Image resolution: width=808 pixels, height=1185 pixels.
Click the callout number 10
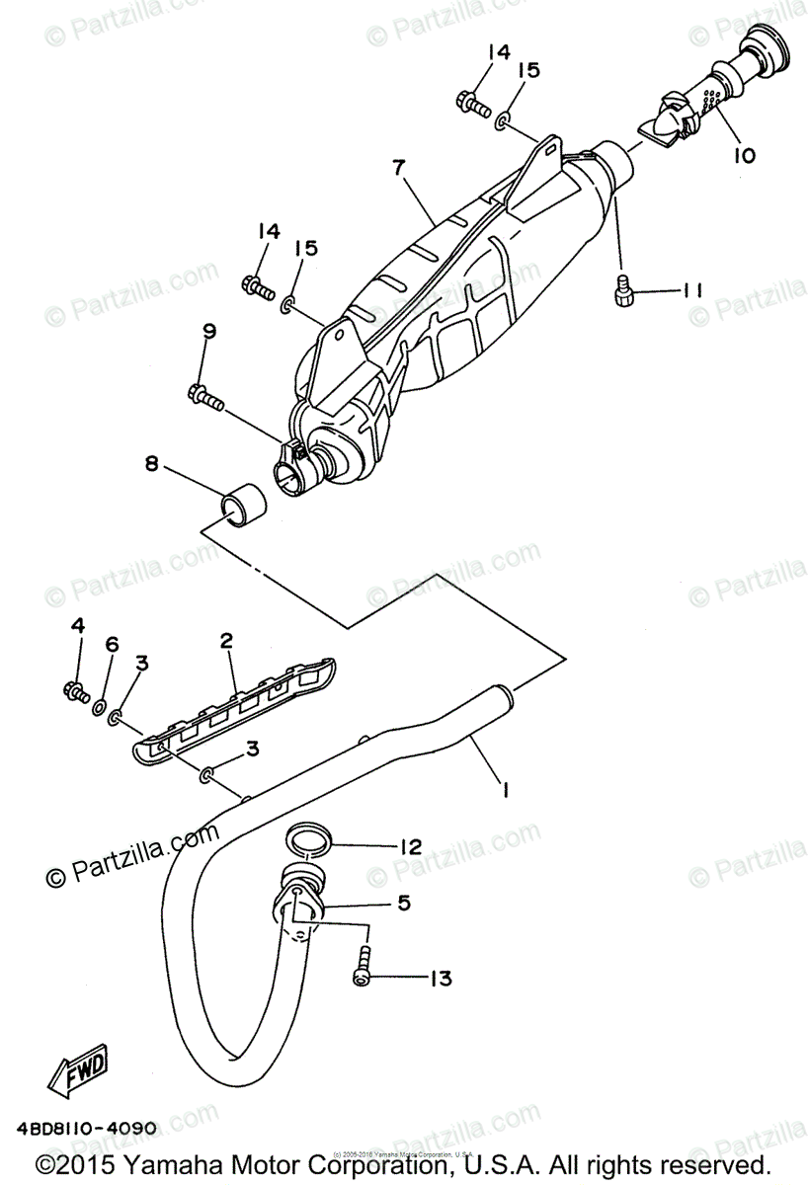pyautogui.click(x=744, y=155)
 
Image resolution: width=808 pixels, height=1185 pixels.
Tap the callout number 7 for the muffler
pyautogui.click(x=398, y=168)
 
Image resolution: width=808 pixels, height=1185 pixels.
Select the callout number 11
pyautogui.click(x=690, y=290)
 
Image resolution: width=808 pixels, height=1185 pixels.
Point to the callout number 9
pyautogui.click(x=207, y=332)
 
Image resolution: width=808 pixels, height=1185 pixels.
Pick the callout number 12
pyautogui.click(x=410, y=846)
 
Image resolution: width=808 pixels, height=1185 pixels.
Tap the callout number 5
pyautogui.click(x=404, y=903)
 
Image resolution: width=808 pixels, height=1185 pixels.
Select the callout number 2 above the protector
pyautogui.click(x=226, y=641)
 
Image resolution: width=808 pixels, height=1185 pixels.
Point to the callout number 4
pyautogui.click(x=78, y=625)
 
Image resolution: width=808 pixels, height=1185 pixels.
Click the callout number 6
pyautogui.click(x=112, y=645)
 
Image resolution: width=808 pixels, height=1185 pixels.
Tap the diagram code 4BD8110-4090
pyautogui.click(x=86, y=1127)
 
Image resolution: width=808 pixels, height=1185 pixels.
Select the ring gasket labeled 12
pyautogui.click(x=307, y=841)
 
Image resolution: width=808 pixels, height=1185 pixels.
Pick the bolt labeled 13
pyautogui.click(x=364, y=965)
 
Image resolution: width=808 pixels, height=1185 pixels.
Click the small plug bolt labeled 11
pyautogui.click(x=623, y=293)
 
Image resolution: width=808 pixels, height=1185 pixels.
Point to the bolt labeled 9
pyautogui.click(x=205, y=398)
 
